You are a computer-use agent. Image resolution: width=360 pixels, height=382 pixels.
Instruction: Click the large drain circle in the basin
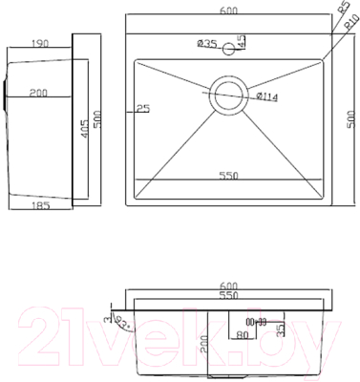(x=229, y=94)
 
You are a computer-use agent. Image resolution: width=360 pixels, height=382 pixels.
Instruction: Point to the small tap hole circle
(x=229, y=44)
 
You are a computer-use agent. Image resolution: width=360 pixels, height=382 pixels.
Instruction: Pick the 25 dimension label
(x=143, y=109)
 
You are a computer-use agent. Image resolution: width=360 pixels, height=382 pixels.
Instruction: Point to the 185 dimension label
(x=38, y=203)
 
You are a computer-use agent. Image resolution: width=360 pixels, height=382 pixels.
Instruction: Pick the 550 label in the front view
(x=229, y=296)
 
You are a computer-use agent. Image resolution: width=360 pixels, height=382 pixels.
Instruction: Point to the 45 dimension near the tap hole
(x=241, y=42)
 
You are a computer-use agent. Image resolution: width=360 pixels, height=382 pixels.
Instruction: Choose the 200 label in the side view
(x=38, y=93)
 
